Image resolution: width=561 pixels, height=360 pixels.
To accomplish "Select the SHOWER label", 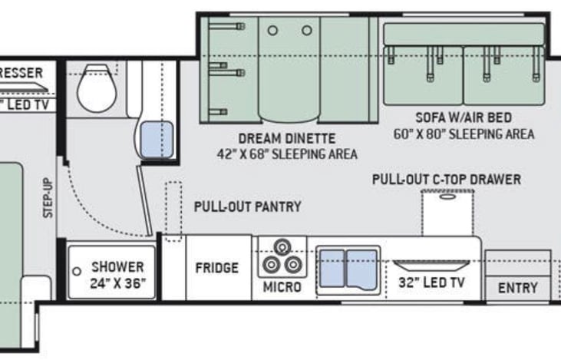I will (117, 267).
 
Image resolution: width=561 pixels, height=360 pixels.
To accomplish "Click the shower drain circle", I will (77, 272).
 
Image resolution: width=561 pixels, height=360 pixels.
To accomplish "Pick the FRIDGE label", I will (216, 268).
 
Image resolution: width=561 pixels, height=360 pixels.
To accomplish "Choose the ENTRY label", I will (517, 289).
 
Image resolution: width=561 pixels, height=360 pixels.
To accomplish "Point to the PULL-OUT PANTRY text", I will (247, 206).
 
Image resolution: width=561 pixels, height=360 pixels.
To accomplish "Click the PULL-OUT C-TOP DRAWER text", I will (446, 180).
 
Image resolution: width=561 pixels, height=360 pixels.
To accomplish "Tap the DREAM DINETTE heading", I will (286, 139).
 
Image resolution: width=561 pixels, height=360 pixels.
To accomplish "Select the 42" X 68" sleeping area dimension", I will (286, 154).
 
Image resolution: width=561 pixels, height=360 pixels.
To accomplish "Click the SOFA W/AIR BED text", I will (463, 118).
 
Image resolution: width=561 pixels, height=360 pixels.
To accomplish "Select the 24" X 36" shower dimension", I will (117, 282).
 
